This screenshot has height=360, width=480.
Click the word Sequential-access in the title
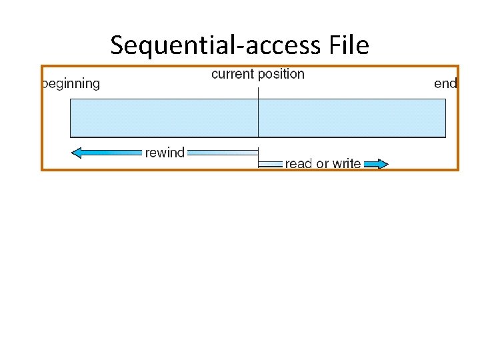point(217,45)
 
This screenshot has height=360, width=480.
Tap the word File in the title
point(349,45)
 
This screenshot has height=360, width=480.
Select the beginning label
point(71,84)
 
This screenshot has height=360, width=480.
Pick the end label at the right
point(445,84)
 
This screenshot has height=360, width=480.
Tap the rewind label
point(165,153)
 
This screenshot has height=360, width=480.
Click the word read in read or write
point(299,163)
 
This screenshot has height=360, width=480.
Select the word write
point(347,163)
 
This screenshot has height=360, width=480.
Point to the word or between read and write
point(323,164)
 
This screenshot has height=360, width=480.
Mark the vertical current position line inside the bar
point(258,118)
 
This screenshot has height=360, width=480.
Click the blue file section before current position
point(163,118)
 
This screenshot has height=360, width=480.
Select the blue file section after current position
point(351,118)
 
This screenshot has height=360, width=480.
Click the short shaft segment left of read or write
point(270,163)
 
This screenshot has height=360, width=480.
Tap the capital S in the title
point(118,45)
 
